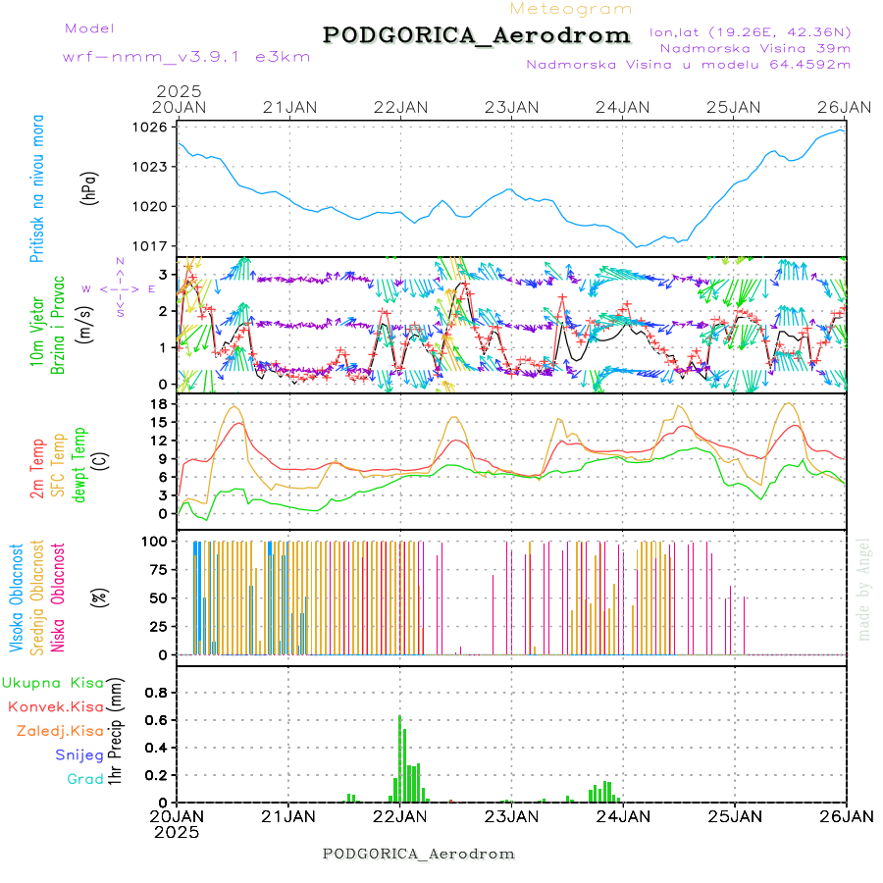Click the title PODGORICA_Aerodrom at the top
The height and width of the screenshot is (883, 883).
pos(476,35)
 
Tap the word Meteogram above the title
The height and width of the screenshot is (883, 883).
pos(571,9)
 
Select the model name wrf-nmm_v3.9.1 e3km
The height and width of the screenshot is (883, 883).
pos(160,57)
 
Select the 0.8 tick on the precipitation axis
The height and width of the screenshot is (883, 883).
pos(157,692)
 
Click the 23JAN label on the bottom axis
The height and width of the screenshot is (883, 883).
pos(511,816)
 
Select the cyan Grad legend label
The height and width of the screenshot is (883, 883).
pos(85,780)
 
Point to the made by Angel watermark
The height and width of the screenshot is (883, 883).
pos(864,589)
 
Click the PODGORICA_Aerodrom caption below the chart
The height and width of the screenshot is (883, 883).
pos(418,854)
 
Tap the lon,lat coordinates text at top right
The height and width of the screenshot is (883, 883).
pos(752,31)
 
